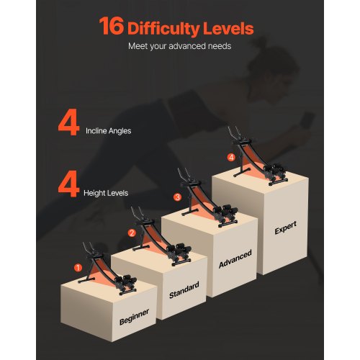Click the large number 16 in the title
coord(112,26)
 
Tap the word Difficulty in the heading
coord(163,29)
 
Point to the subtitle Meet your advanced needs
coord(179,46)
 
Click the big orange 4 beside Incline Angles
coord(68,122)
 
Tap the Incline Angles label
coord(109,131)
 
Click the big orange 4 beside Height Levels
coord(68,184)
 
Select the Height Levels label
coord(106,193)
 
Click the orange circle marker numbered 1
coord(78,267)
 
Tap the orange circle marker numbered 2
coord(132,233)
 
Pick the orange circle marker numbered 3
coord(177,197)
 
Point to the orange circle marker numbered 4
coord(231,158)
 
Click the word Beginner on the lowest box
coord(134,317)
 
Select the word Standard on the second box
coord(184,290)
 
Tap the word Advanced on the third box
coord(235,258)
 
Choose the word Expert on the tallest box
coord(286,228)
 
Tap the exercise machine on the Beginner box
coord(108,269)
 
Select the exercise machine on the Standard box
coord(161,236)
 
